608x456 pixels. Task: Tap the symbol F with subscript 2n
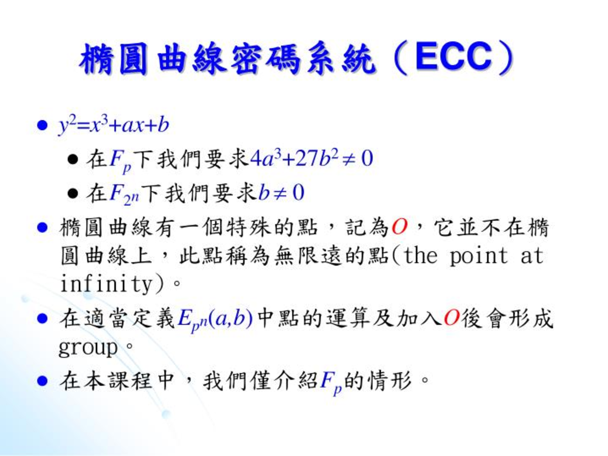click(124, 195)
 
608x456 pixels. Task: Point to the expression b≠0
click(281, 192)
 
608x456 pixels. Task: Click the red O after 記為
click(399, 228)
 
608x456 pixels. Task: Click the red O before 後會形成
click(452, 318)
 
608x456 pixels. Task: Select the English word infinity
click(106, 284)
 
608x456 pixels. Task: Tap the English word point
click(479, 256)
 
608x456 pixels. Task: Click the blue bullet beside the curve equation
click(42, 125)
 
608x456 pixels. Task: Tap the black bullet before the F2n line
click(72, 193)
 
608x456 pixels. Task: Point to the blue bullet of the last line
click(42, 381)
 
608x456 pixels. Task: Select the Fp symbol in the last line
click(331, 384)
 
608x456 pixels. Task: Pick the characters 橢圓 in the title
click(113, 58)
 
